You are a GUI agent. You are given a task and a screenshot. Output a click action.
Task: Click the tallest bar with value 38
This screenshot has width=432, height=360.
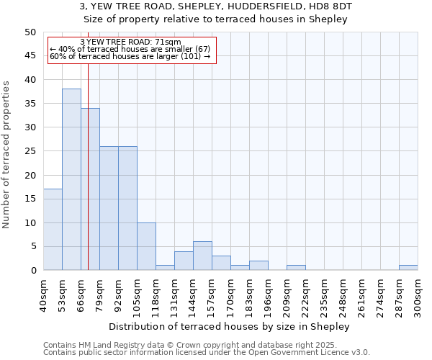(x=71, y=179)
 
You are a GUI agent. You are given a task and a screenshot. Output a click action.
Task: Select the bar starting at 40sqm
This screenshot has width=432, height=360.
(x=53, y=230)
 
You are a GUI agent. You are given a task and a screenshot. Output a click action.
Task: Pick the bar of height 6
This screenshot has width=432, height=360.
(x=202, y=256)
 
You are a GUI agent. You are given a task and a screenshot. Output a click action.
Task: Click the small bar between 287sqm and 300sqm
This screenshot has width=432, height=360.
(x=408, y=267)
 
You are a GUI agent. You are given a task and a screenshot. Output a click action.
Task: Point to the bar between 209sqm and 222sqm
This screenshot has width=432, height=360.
(x=296, y=267)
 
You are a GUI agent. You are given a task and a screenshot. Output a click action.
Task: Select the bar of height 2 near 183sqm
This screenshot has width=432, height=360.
(x=258, y=265)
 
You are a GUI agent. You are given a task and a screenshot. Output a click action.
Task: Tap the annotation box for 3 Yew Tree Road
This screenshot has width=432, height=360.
(x=132, y=50)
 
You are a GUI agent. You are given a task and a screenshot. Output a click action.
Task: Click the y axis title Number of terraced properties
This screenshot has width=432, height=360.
(x=6, y=155)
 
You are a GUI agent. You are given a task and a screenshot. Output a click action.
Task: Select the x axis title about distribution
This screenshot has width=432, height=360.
(x=230, y=326)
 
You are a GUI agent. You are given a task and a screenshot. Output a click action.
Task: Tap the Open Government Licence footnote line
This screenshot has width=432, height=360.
(x=206, y=353)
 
